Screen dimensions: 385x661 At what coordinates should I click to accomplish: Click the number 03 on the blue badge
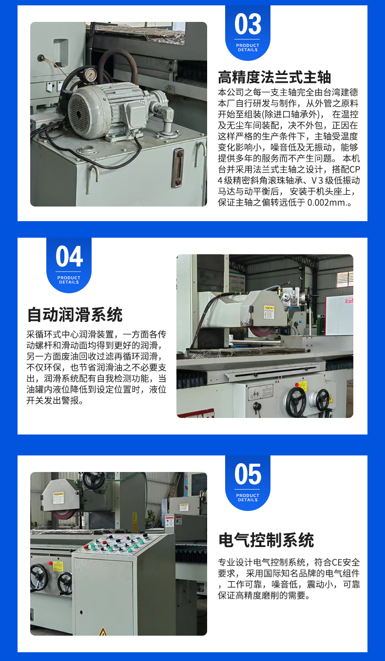[248, 24]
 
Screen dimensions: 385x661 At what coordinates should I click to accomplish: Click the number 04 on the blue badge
[69, 256]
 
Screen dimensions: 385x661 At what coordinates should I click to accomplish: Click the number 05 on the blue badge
[248, 474]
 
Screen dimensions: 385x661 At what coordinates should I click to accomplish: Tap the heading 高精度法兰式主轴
[274, 77]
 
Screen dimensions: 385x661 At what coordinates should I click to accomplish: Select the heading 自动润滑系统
[75, 315]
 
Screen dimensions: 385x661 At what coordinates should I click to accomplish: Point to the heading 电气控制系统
[266, 540]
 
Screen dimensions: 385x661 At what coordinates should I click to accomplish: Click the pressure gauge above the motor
[90, 75]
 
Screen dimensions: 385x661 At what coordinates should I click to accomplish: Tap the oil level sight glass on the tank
[178, 168]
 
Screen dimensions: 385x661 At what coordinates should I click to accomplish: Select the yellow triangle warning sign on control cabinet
[102, 631]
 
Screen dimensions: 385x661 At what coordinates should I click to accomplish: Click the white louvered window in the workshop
[345, 279]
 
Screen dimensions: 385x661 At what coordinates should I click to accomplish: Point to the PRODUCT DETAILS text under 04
[69, 280]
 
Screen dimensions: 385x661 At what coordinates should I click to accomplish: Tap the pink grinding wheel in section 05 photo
[63, 515]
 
